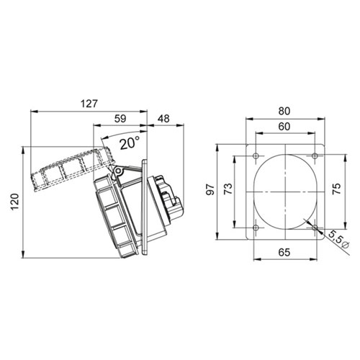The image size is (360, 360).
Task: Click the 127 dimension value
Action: click(x=89, y=104)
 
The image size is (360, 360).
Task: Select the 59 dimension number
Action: click(x=120, y=119)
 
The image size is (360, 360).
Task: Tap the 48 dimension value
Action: click(x=163, y=119)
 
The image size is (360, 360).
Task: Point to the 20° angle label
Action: click(x=130, y=143)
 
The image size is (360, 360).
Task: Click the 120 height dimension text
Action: click(x=15, y=202)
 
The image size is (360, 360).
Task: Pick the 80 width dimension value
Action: click(x=284, y=111)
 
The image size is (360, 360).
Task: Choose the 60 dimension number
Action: click(x=284, y=127)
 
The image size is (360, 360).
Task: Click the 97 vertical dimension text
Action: click(x=210, y=189)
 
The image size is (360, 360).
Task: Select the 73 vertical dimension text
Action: click(x=228, y=189)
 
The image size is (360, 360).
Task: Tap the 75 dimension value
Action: click(x=337, y=189)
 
